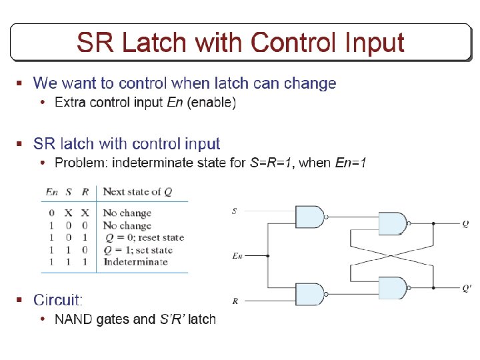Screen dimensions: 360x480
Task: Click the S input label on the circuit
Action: pos(234,211)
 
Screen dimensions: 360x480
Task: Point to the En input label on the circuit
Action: pos(236,255)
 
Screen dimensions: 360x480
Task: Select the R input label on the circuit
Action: pos(235,301)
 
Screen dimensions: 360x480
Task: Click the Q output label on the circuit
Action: pos(465,224)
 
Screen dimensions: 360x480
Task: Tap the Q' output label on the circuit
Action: pos(467,288)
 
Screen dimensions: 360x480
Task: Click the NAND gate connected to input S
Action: pos(309,216)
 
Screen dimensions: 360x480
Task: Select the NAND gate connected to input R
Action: pos(309,294)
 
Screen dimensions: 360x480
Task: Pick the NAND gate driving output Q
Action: pos(393,224)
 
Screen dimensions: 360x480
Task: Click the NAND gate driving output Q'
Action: pos(393,288)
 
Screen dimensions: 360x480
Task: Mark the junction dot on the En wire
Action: pos(268,255)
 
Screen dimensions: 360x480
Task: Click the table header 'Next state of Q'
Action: pos(137,192)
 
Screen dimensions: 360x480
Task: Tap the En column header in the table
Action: pos(51,192)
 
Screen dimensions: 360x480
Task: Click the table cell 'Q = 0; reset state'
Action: pos(143,237)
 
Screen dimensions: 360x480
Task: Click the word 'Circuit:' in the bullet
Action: pos(58,300)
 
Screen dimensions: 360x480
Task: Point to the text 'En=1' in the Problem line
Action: pos(351,163)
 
